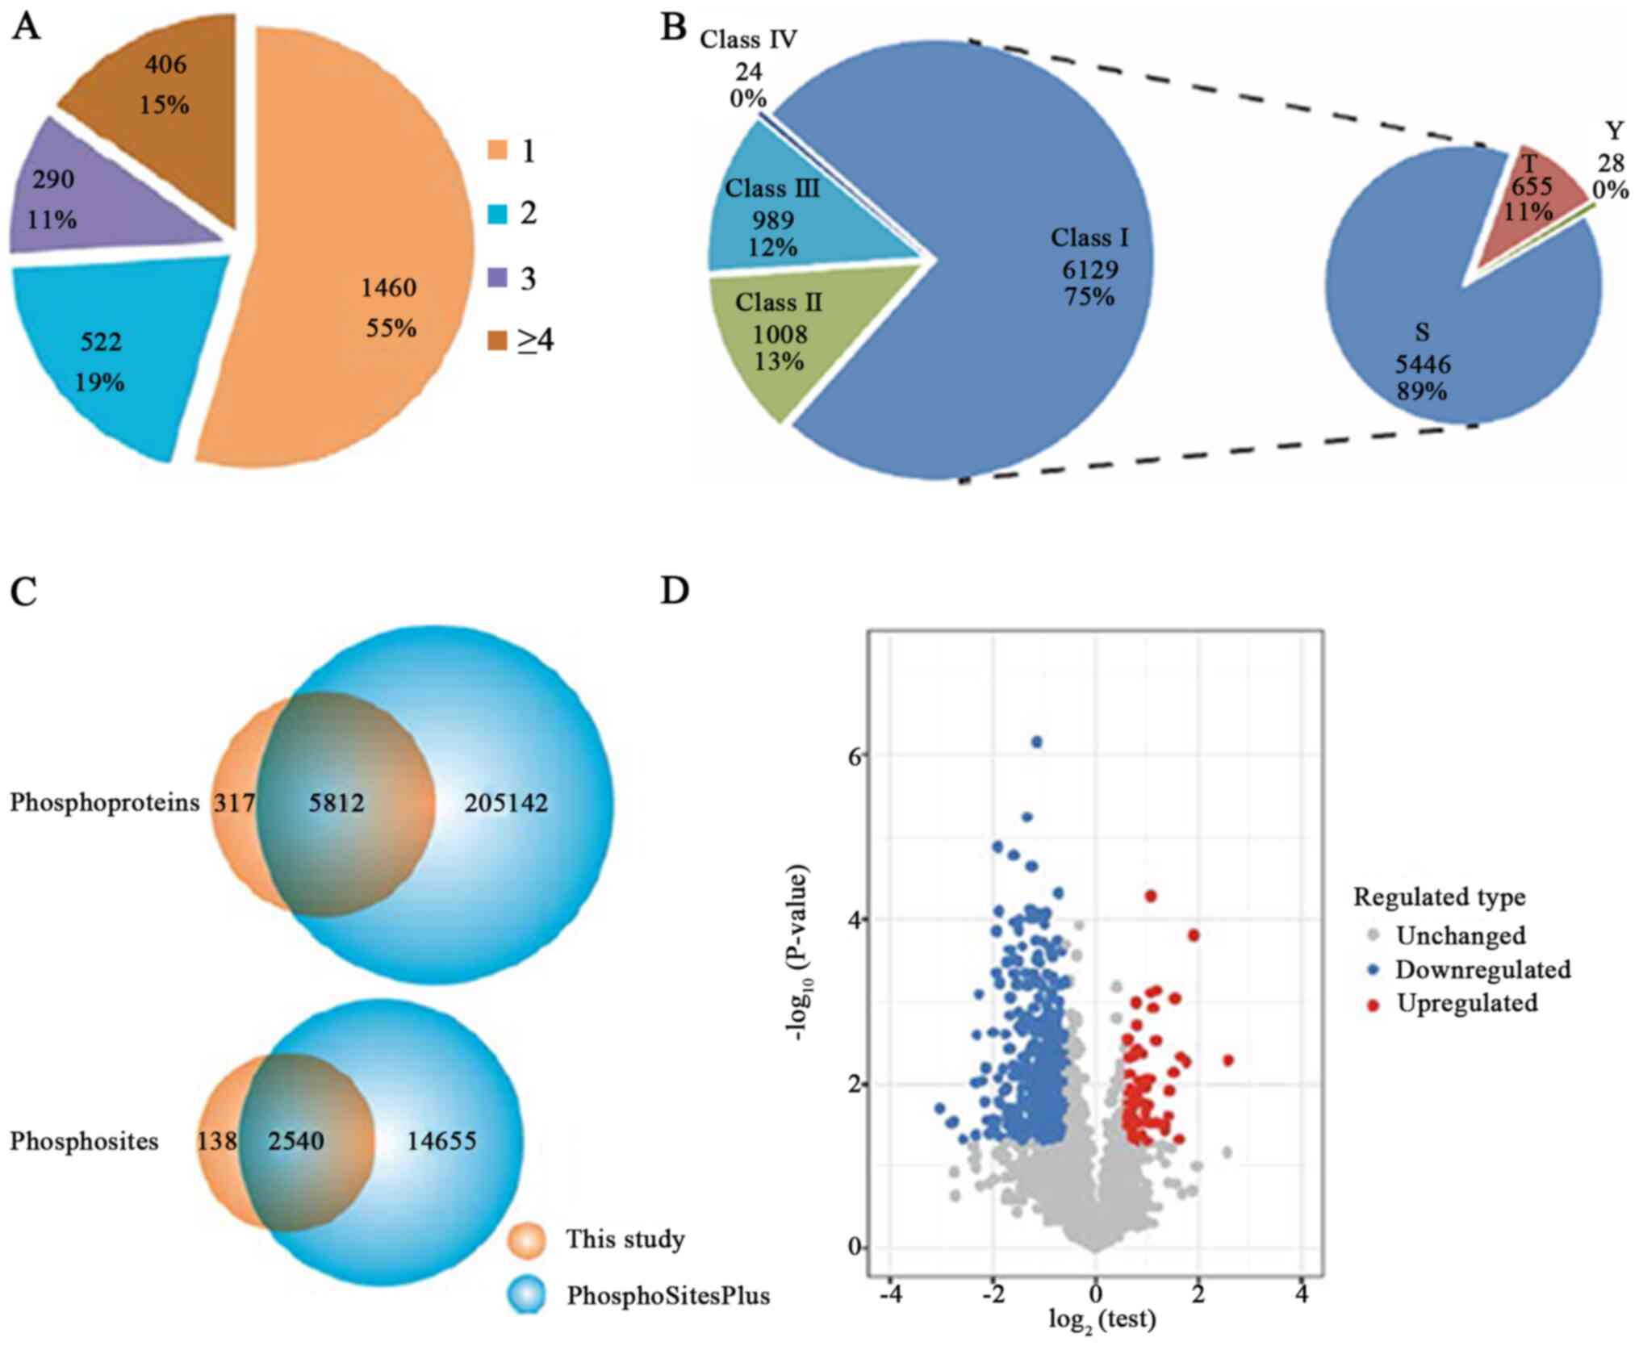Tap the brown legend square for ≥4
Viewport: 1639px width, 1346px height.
click(x=497, y=341)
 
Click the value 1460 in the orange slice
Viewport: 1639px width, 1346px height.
click(x=388, y=287)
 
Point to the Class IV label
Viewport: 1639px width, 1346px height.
click(x=748, y=39)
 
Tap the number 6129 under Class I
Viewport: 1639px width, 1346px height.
click(x=1089, y=270)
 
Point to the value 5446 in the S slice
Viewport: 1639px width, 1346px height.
click(x=1423, y=364)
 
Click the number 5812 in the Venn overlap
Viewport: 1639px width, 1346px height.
click(x=337, y=803)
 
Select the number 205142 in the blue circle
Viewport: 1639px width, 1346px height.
click(x=506, y=803)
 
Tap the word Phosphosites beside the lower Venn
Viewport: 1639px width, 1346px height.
click(x=84, y=1141)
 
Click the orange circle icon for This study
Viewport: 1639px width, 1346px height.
click(x=527, y=1240)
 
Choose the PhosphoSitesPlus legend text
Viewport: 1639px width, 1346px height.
click(x=668, y=1295)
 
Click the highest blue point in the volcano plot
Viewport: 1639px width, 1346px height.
click(x=1037, y=742)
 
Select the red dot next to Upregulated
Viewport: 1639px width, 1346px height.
click(x=1374, y=1004)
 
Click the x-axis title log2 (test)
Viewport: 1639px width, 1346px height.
click(x=1102, y=1320)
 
